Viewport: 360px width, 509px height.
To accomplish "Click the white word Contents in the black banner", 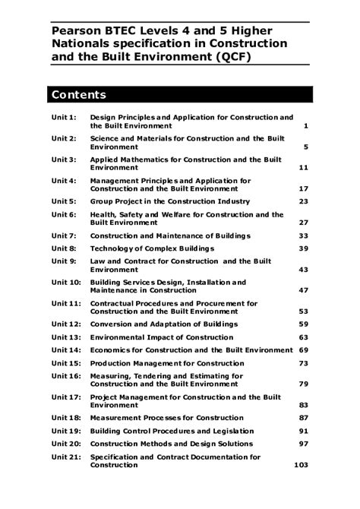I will pyautogui.click(x=78, y=95).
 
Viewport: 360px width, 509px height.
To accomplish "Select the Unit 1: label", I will pyautogui.click(x=64, y=118).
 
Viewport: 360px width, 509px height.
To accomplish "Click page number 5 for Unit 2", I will pyautogui.click(x=305, y=147).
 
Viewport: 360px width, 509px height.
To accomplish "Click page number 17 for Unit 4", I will pyautogui.click(x=303, y=188).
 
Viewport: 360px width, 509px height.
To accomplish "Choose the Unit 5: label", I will pyautogui.click(x=64, y=201).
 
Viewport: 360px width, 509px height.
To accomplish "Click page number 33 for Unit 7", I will pyautogui.click(x=303, y=236).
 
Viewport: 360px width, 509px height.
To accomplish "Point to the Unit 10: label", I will pyautogui.click(x=66, y=283).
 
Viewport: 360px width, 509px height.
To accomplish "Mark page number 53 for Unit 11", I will pyautogui.click(x=303, y=311).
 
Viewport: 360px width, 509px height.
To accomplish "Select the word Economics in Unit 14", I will pyautogui.click(x=114, y=349).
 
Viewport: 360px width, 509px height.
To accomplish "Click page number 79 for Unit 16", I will pyautogui.click(x=303, y=384).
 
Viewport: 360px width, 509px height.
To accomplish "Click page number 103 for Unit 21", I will pyautogui.click(x=301, y=465).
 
